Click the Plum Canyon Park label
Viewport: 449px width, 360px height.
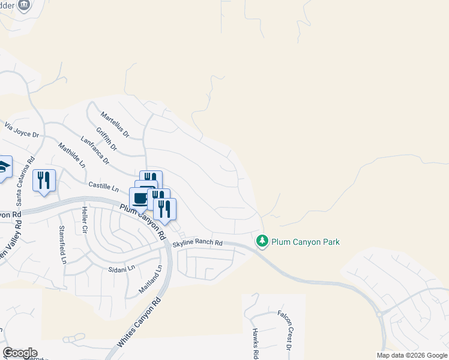[x=306, y=242]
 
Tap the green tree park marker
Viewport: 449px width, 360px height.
[x=262, y=241]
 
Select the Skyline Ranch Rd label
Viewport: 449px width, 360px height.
[x=197, y=243]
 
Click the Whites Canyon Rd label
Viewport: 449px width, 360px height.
[x=139, y=323]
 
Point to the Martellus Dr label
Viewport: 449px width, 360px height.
[x=115, y=124]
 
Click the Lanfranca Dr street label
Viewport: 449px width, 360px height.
[x=95, y=152]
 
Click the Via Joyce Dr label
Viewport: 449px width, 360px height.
[x=21, y=130]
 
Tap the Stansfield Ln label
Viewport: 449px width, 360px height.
[x=62, y=245]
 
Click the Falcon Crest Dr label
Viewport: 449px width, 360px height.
[x=284, y=330]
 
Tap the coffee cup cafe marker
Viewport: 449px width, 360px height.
[x=140, y=198]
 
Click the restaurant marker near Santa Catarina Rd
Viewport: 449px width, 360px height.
[x=44, y=179]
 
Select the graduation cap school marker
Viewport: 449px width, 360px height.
[x=3, y=167]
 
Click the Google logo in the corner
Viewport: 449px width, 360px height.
[x=20, y=353]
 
